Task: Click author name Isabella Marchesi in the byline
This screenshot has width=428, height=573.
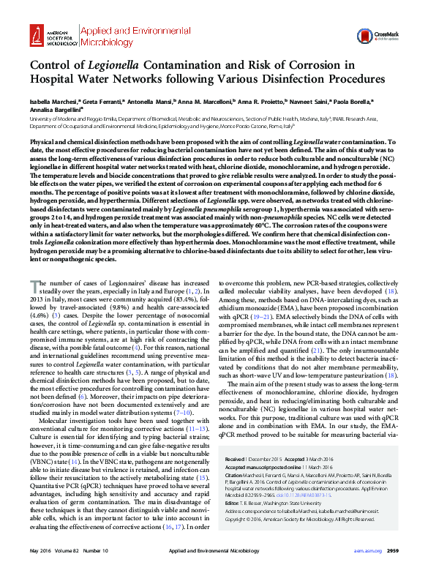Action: tap(50, 102)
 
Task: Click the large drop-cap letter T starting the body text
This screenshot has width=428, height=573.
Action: tap(34, 266)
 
